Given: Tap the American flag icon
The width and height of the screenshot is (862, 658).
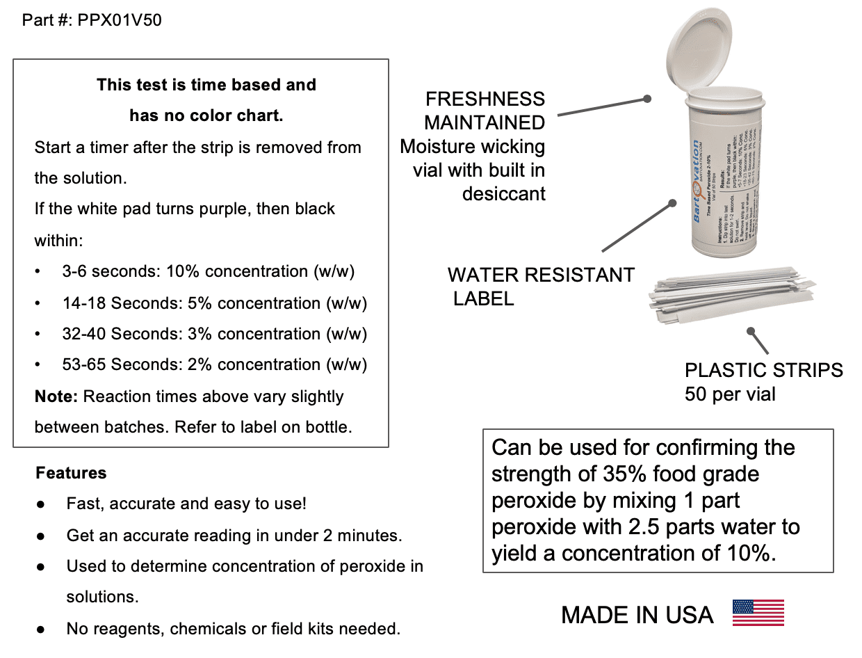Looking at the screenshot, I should click(x=758, y=613).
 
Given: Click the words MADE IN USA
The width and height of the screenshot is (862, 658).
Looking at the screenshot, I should click(x=637, y=615).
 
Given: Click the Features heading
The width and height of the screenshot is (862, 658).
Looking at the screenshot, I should click(x=71, y=473).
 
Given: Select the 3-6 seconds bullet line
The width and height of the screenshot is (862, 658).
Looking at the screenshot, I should click(x=209, y=271).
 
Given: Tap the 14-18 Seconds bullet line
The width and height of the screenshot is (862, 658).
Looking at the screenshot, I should click(x=214, y=303).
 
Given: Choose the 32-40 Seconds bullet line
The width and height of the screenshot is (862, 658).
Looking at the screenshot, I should click(x=214, y=334).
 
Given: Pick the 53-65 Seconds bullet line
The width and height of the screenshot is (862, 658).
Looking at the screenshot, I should click(x=214, y=364).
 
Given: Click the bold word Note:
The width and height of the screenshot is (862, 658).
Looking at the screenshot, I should click(x=56, y=396).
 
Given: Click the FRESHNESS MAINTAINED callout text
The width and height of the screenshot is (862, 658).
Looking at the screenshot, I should click(x=485, y=111).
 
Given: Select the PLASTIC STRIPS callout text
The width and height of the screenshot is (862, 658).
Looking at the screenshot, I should click(x=763, y=370).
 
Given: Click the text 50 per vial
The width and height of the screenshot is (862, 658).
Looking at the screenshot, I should click(x=730, y=394).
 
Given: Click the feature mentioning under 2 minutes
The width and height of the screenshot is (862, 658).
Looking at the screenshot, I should click(x=234, y=536).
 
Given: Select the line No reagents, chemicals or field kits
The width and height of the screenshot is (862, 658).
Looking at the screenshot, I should click(x=233, y=629).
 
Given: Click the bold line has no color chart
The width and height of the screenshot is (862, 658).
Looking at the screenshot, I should click(x=206, y=115).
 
